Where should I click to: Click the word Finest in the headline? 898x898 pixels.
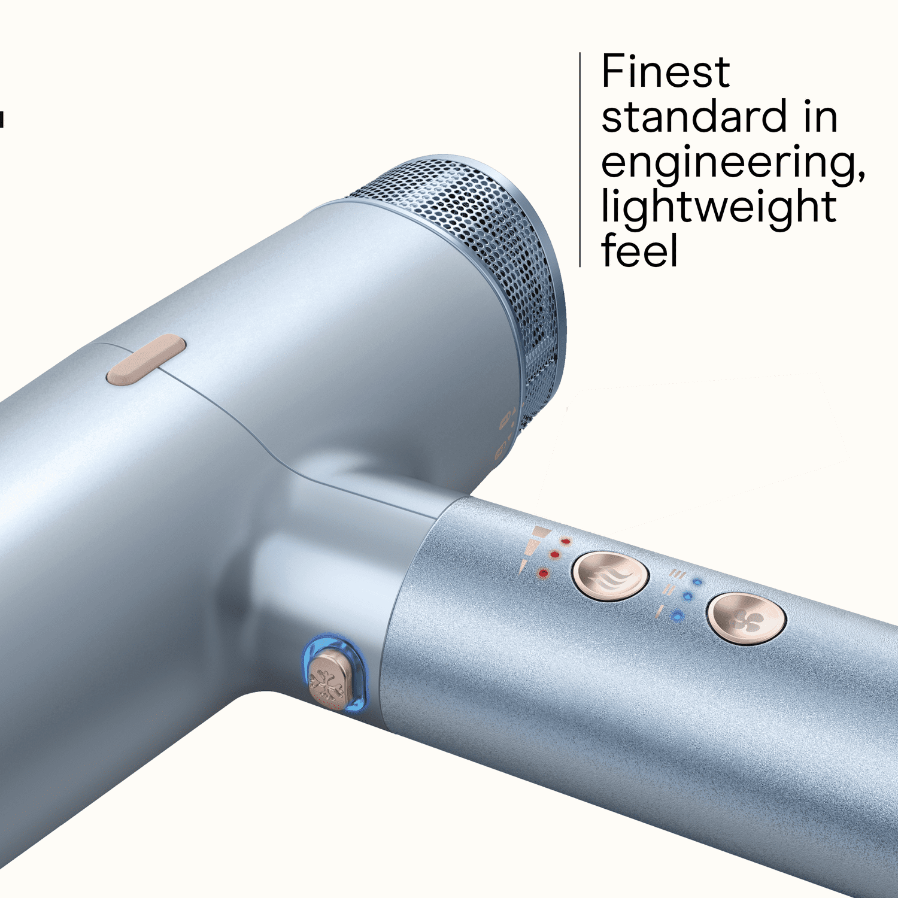665,71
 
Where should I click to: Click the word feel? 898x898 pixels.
639,250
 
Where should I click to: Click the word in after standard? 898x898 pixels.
820,117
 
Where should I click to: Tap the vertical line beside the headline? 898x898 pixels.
580,159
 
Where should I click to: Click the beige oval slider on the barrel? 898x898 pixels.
146,360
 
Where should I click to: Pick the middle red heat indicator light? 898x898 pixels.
554,555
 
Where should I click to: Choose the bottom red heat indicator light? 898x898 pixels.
543,574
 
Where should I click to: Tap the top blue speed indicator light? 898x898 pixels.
697,582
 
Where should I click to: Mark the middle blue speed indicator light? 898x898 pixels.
687,597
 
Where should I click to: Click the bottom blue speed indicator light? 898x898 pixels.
677,615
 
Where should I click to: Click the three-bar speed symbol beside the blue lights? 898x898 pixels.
677,574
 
